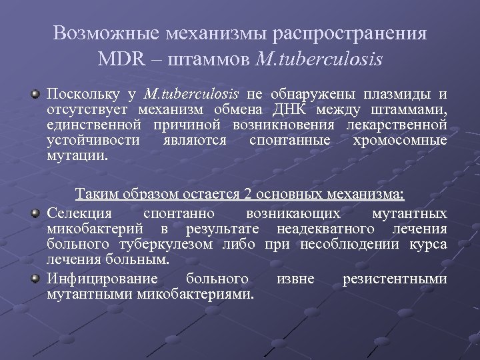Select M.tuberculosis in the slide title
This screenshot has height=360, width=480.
319,59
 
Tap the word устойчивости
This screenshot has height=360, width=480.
93,141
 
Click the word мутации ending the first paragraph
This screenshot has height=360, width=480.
77,157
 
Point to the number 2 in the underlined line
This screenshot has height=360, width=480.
247,195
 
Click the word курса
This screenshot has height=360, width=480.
428,244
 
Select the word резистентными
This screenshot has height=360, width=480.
395,279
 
